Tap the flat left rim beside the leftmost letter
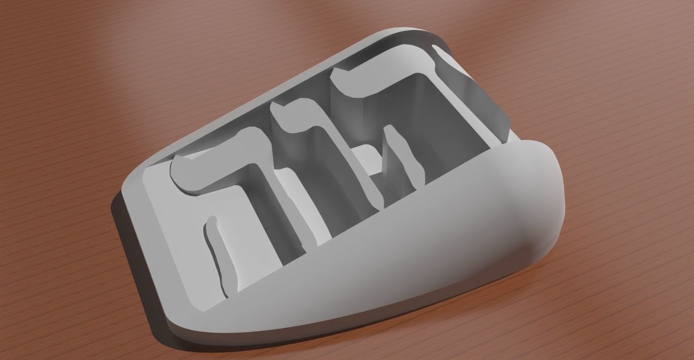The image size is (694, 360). click(152, 203)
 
